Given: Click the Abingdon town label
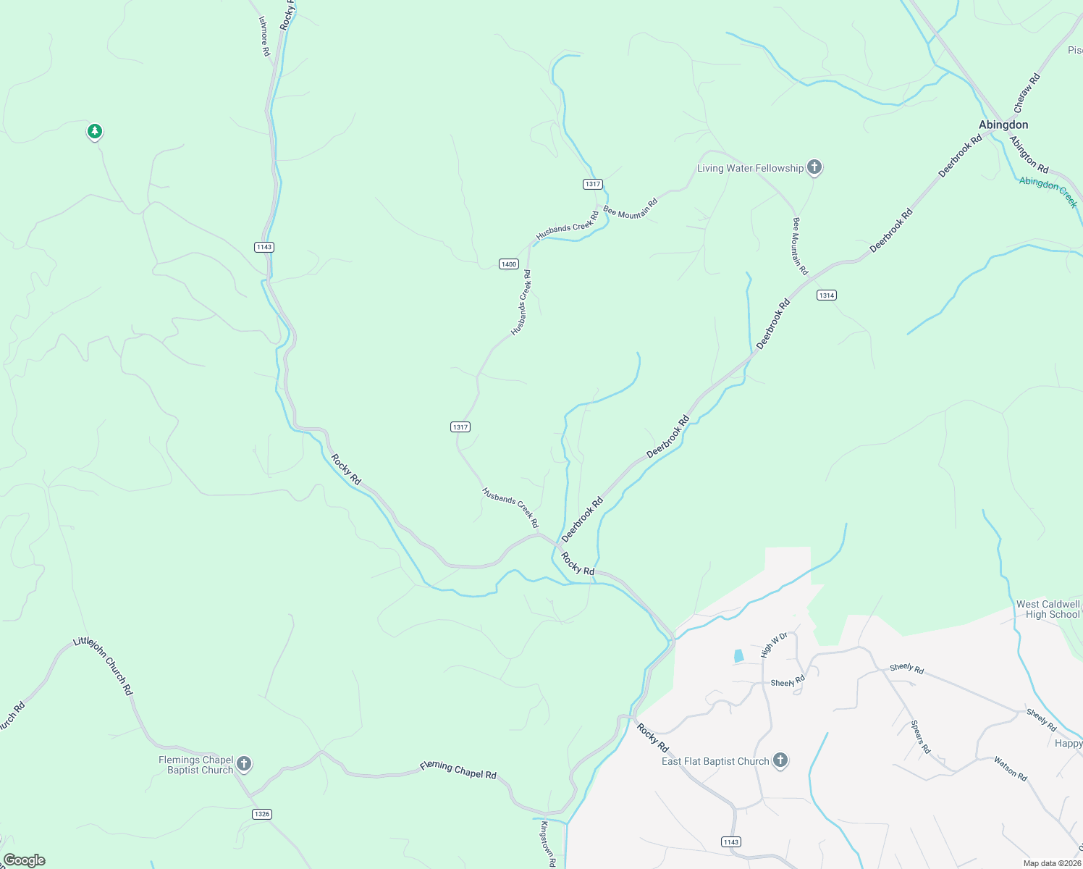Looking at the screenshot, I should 1003,125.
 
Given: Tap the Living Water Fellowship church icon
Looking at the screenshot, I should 814,168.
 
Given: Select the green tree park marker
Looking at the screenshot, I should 94,131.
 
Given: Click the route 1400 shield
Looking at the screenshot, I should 509,264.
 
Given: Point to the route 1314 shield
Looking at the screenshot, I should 827,295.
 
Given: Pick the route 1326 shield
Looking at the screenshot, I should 262,814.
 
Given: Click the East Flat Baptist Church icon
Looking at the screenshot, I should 780,760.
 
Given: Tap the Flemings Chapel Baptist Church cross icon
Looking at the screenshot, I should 245,763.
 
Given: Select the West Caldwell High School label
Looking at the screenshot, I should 1048,609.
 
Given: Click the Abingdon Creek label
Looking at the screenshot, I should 1048,191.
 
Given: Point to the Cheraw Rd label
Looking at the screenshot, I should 1027,93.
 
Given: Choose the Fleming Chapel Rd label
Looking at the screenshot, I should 458,770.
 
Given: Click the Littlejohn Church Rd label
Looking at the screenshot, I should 104,666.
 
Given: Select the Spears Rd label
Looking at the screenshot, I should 920,737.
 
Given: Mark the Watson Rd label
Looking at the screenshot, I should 1010,769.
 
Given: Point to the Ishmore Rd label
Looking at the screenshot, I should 264,36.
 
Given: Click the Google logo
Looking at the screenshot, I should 25,860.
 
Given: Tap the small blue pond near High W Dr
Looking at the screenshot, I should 738,656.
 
